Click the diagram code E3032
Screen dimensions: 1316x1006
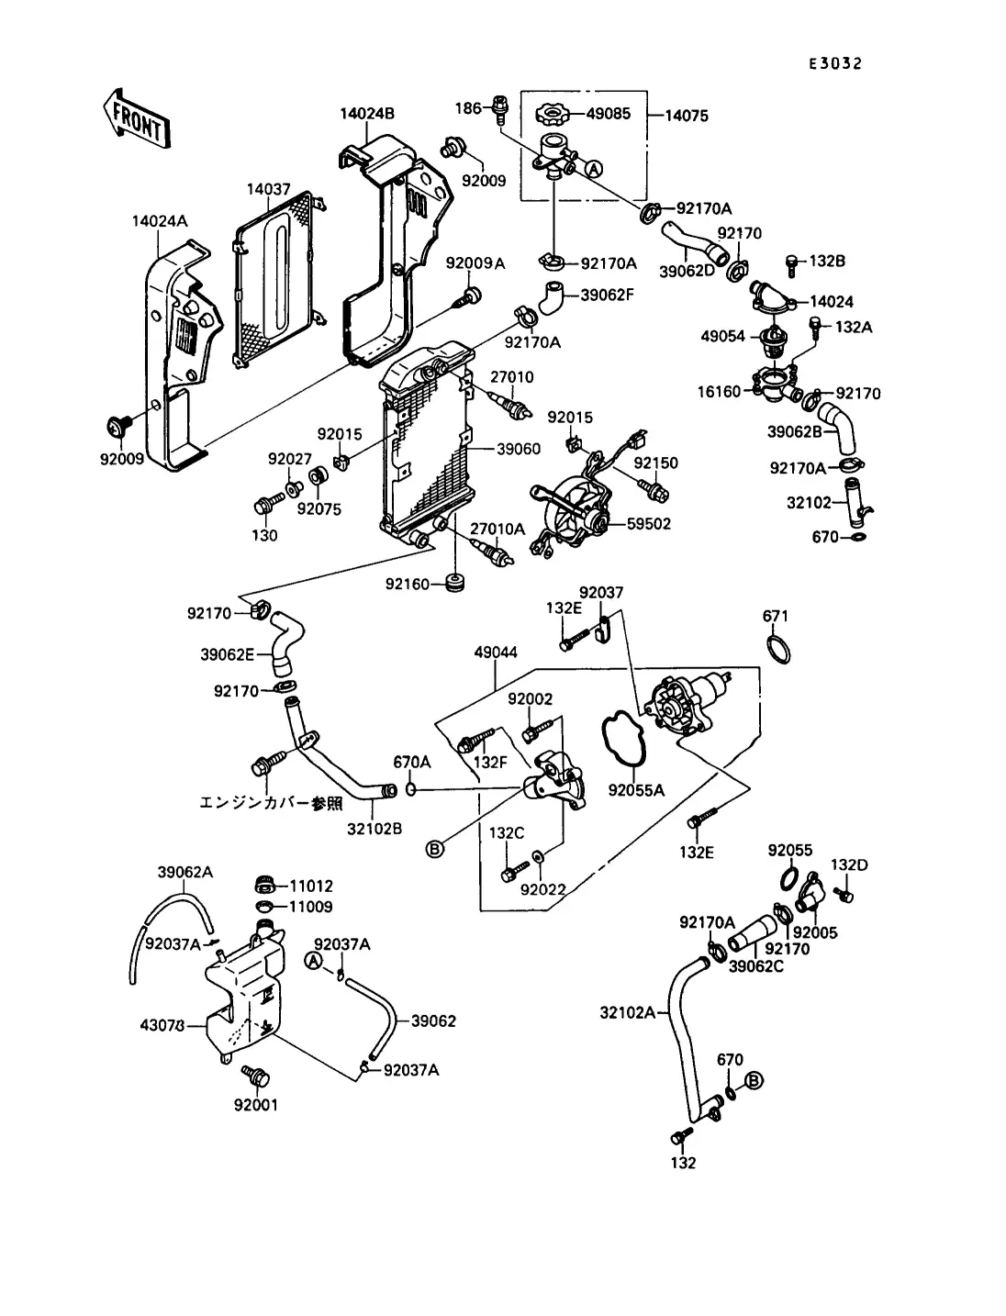[834, 63]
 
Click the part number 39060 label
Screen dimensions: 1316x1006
[519, 449]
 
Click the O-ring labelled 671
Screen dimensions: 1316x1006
[778, 649]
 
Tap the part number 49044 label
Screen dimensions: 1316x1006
[496, 652]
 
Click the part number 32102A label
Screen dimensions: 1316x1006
[628, 1013]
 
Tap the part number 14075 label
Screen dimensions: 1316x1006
[686, 117]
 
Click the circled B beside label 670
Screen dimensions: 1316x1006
[754, 1080]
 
